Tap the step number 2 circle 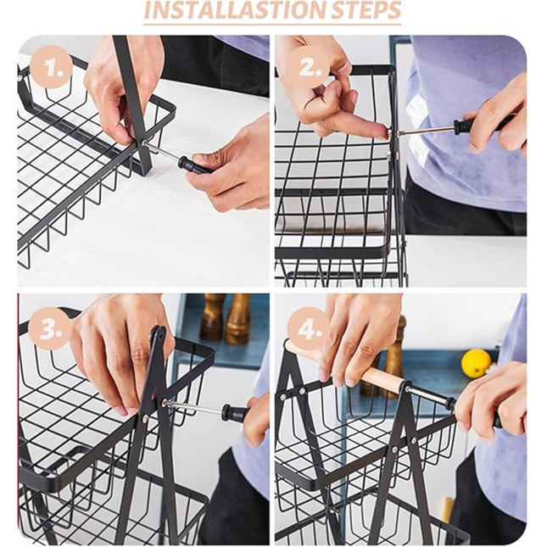309,68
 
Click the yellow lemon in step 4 476,363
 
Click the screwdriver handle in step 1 193,165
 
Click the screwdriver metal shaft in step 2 424,131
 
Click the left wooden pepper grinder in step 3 213,316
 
